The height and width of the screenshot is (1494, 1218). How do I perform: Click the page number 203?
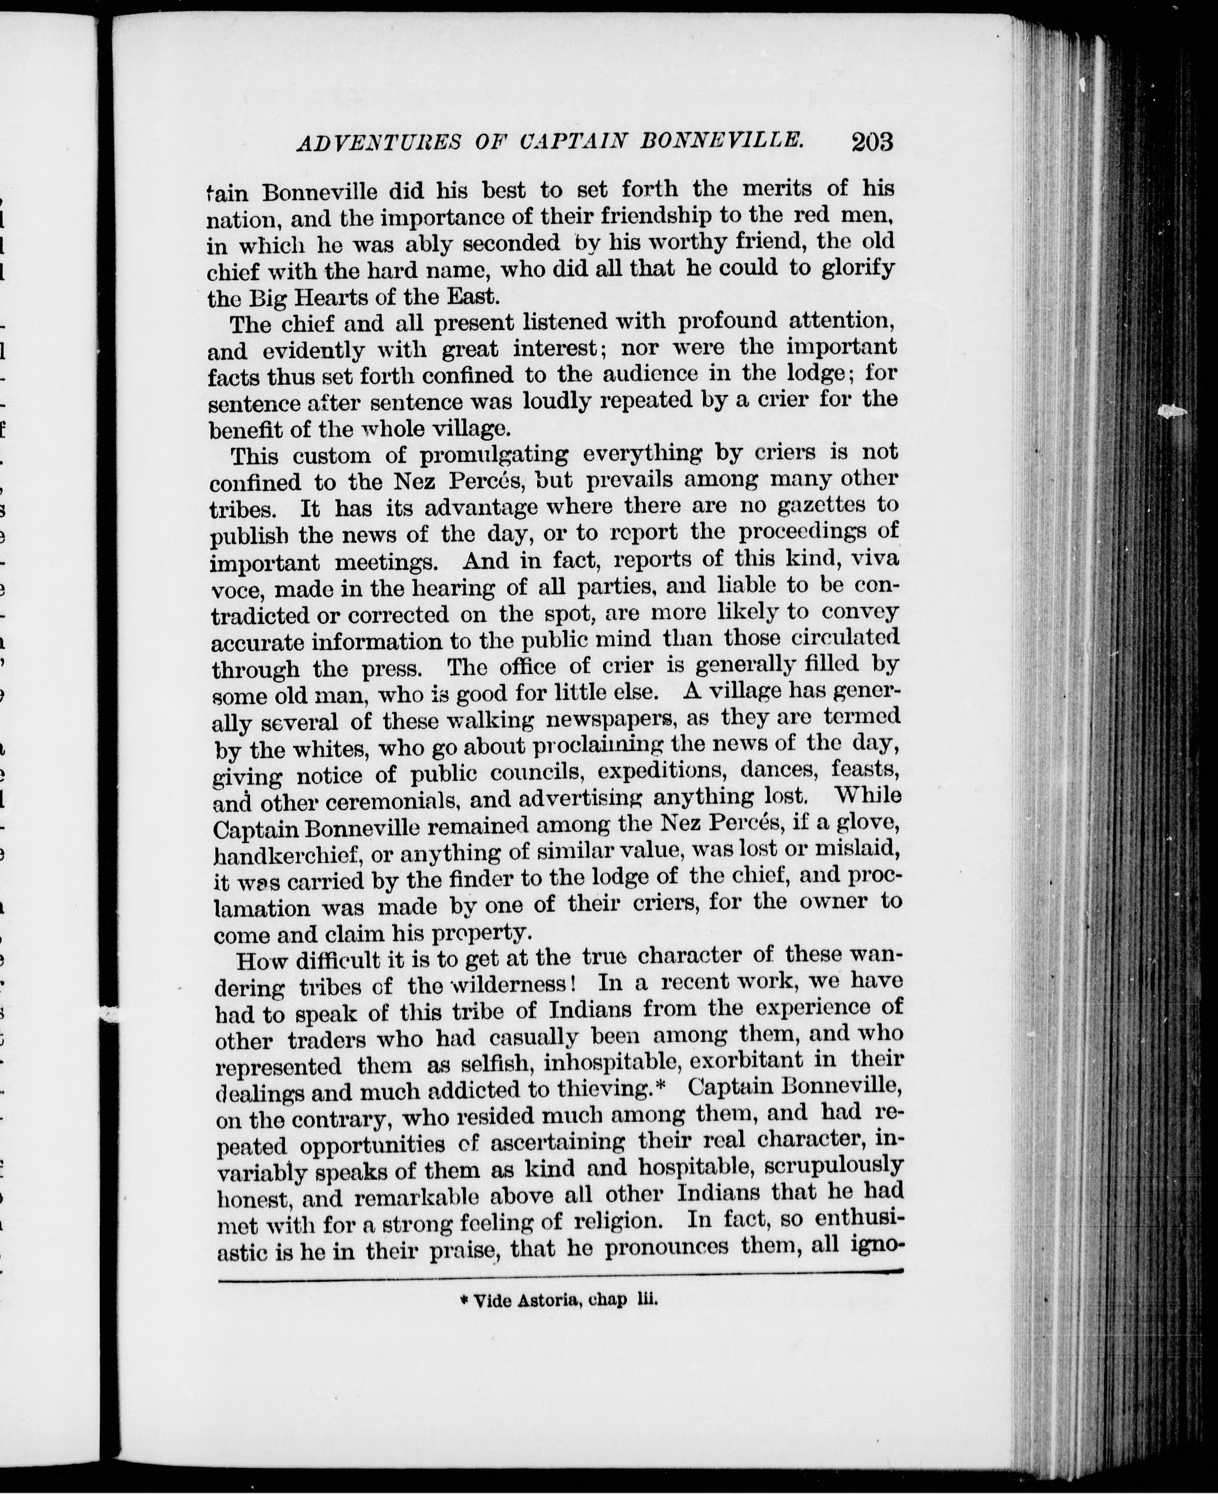(872, 143)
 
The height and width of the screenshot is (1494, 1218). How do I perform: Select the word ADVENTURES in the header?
(379, 143)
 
